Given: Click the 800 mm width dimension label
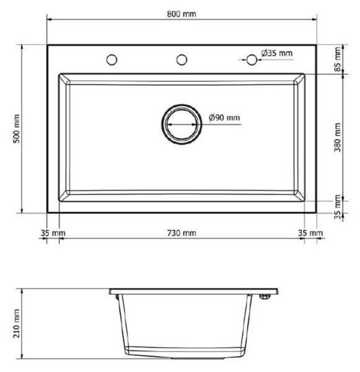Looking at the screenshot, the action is [182, 14].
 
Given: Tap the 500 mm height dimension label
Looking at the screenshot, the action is [17, 129].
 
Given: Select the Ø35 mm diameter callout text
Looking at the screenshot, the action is [277, 53].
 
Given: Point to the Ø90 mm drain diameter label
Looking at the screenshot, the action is [224, 117].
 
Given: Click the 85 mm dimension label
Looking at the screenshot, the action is [338, 59].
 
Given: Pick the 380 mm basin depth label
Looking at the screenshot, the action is [337, 138].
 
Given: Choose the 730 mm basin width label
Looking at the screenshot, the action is [182, 233].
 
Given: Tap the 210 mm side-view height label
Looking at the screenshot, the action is [17, 324].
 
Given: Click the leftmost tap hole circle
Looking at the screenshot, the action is [112, 60].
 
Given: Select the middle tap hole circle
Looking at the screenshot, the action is [182, 60].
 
